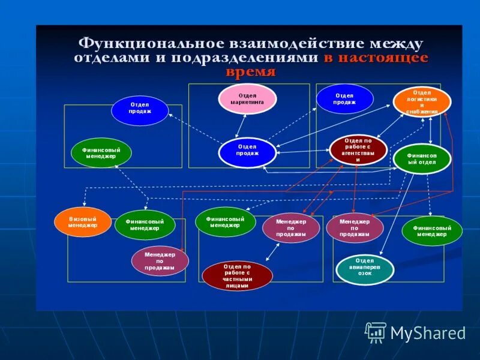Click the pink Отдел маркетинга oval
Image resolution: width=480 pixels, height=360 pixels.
[x=247, y=98]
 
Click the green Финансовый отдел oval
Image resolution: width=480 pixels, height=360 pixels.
[x=422, y=159]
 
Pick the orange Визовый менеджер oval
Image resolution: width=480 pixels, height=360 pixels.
[x=83, y=222]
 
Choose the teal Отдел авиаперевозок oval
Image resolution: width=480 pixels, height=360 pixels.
[x=365, y=269]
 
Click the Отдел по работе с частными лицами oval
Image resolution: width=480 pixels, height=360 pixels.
[x=238, y=275]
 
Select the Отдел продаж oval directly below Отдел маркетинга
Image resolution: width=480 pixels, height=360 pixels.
[x=247, y=153]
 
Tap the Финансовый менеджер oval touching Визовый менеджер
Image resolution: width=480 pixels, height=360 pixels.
[x=145, y=225]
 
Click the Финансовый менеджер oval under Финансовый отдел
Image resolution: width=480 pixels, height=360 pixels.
[x=432, y=231]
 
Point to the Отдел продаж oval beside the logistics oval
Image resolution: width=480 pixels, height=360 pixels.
[x=345, y=98]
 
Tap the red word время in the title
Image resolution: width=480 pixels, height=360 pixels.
[x=251, y=72]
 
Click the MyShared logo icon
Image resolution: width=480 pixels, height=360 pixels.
[x=376, y=332]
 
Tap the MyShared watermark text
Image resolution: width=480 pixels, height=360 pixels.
[x=428, y=333]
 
